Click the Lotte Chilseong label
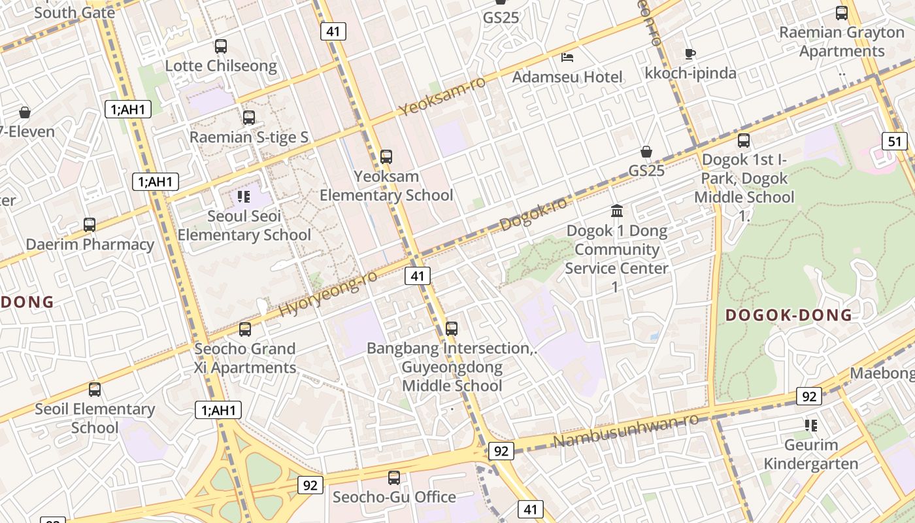coord(220,66)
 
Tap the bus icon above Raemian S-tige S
coord(248,118)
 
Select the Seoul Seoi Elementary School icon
coord(244,197)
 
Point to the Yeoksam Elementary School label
coord(386,186)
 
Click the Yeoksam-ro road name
coord(442,96)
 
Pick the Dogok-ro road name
coord(533,214)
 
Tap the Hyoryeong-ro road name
coord(328,294)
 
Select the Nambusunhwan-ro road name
coord(625,431)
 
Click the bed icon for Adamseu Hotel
coord(567,58)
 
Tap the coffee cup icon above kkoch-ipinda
coord(690,54)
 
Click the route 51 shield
coord(894,141)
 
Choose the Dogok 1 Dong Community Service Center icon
coord(616,211)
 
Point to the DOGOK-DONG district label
coord(789,316)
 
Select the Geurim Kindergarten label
coord(810,454)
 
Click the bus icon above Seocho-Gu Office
coord(393,477)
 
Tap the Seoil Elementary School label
coord(95,418)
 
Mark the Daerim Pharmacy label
coord(90,245)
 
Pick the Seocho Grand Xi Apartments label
coord(245,358)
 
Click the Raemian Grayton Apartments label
coord(841,41)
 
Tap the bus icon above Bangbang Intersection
coord(451,329)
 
